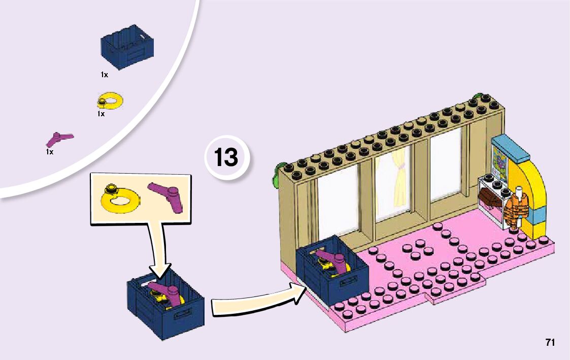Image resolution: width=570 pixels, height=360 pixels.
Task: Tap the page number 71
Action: coord(550,342)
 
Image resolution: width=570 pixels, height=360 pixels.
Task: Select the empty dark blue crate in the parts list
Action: coord(127,47)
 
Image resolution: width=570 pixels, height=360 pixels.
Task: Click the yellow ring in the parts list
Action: coord(109,101)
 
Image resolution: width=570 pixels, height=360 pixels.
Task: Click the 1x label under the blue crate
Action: coord(104,75)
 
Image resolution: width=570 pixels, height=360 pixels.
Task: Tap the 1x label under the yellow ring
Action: coord(101,114)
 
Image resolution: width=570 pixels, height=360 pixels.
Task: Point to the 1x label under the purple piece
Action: coord(49,152)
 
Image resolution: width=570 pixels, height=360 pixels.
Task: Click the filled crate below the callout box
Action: coord(165,302)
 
